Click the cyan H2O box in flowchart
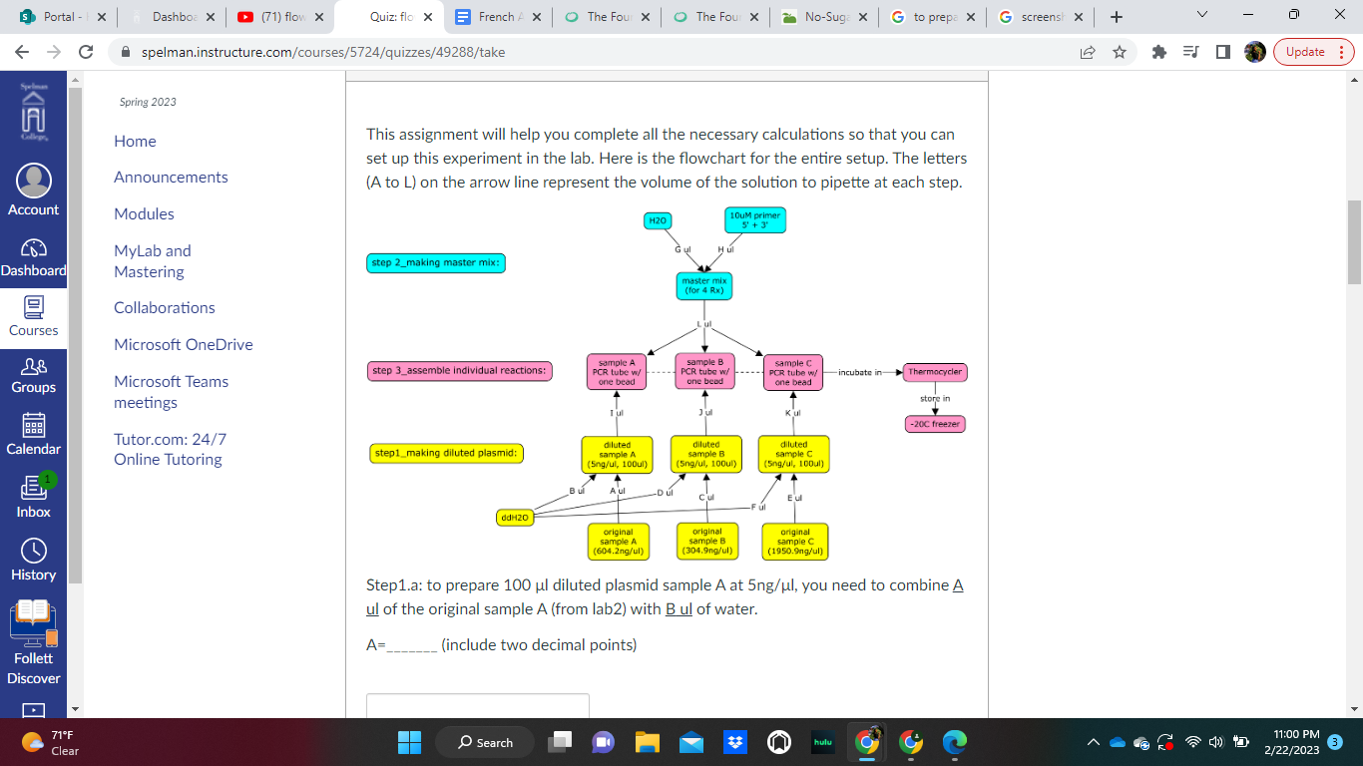(x=658, y=220)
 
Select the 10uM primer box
(x=755, y=220)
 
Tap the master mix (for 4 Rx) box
(x=704, y=286)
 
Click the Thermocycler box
(x=935, y=372)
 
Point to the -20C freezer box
(x=935, y=424)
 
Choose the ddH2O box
(x=515, y=518)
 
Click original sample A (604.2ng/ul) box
(x=619, y=541)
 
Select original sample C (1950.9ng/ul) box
(x=794, y=541)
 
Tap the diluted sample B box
(x=705, y=454)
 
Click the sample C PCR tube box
(x=793, y=372)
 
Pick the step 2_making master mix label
(x=437, y=263)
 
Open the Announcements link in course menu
(x=171, y=177)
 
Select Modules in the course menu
(x=144, y=213)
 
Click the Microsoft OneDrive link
(x=184, y=344)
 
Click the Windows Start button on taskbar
(x=410, y=742)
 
